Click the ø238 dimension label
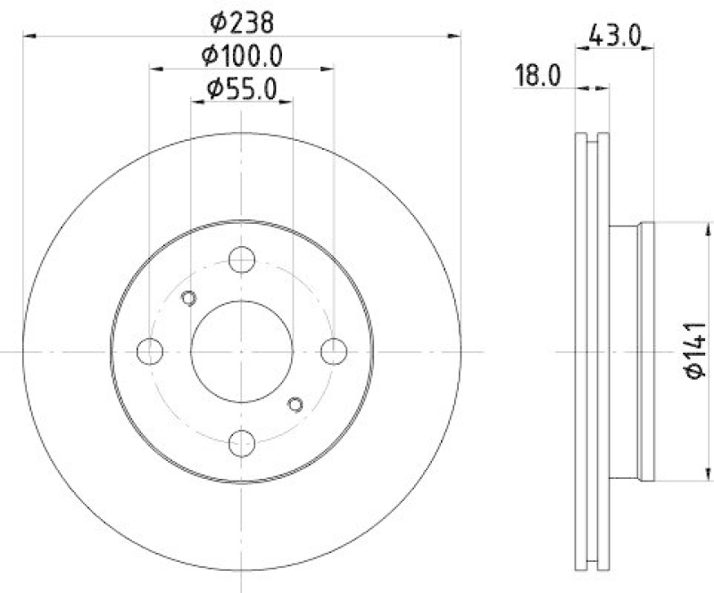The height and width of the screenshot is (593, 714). point(243,19)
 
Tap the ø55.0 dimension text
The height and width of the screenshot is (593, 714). point(243,88)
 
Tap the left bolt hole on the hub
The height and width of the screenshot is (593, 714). point(150,351)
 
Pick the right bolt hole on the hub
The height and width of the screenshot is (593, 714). point(335,351)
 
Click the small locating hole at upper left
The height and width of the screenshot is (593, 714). point(188,298)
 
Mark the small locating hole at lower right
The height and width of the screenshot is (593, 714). point(296,406)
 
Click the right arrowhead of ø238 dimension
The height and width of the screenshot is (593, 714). point(458,36)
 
